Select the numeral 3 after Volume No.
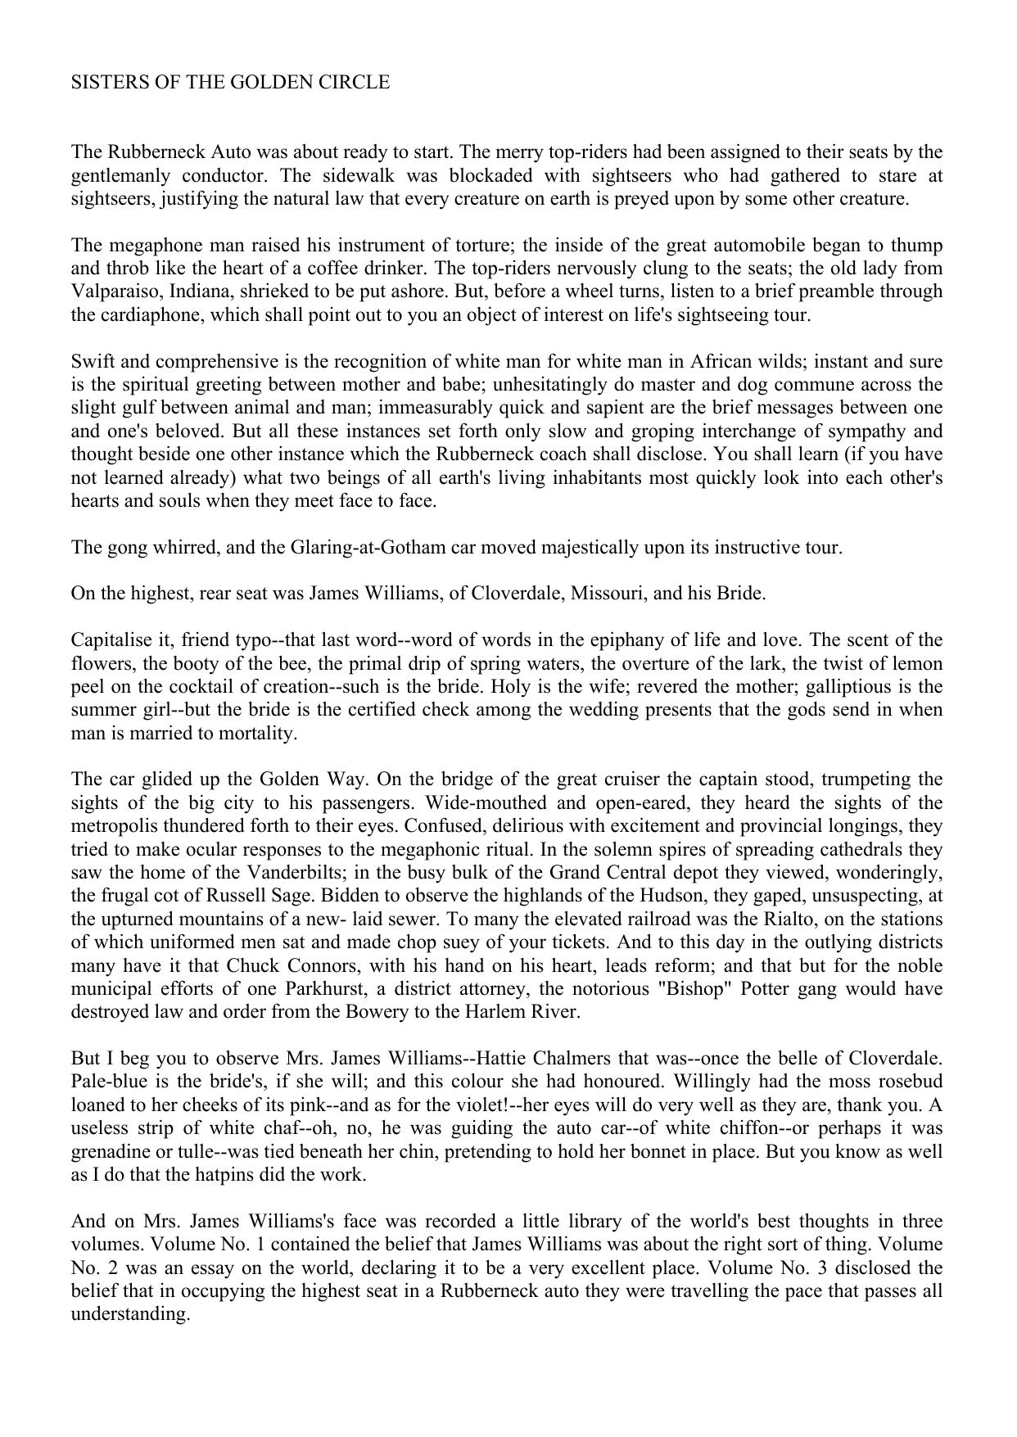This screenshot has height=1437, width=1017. [x=825, y=1268]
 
